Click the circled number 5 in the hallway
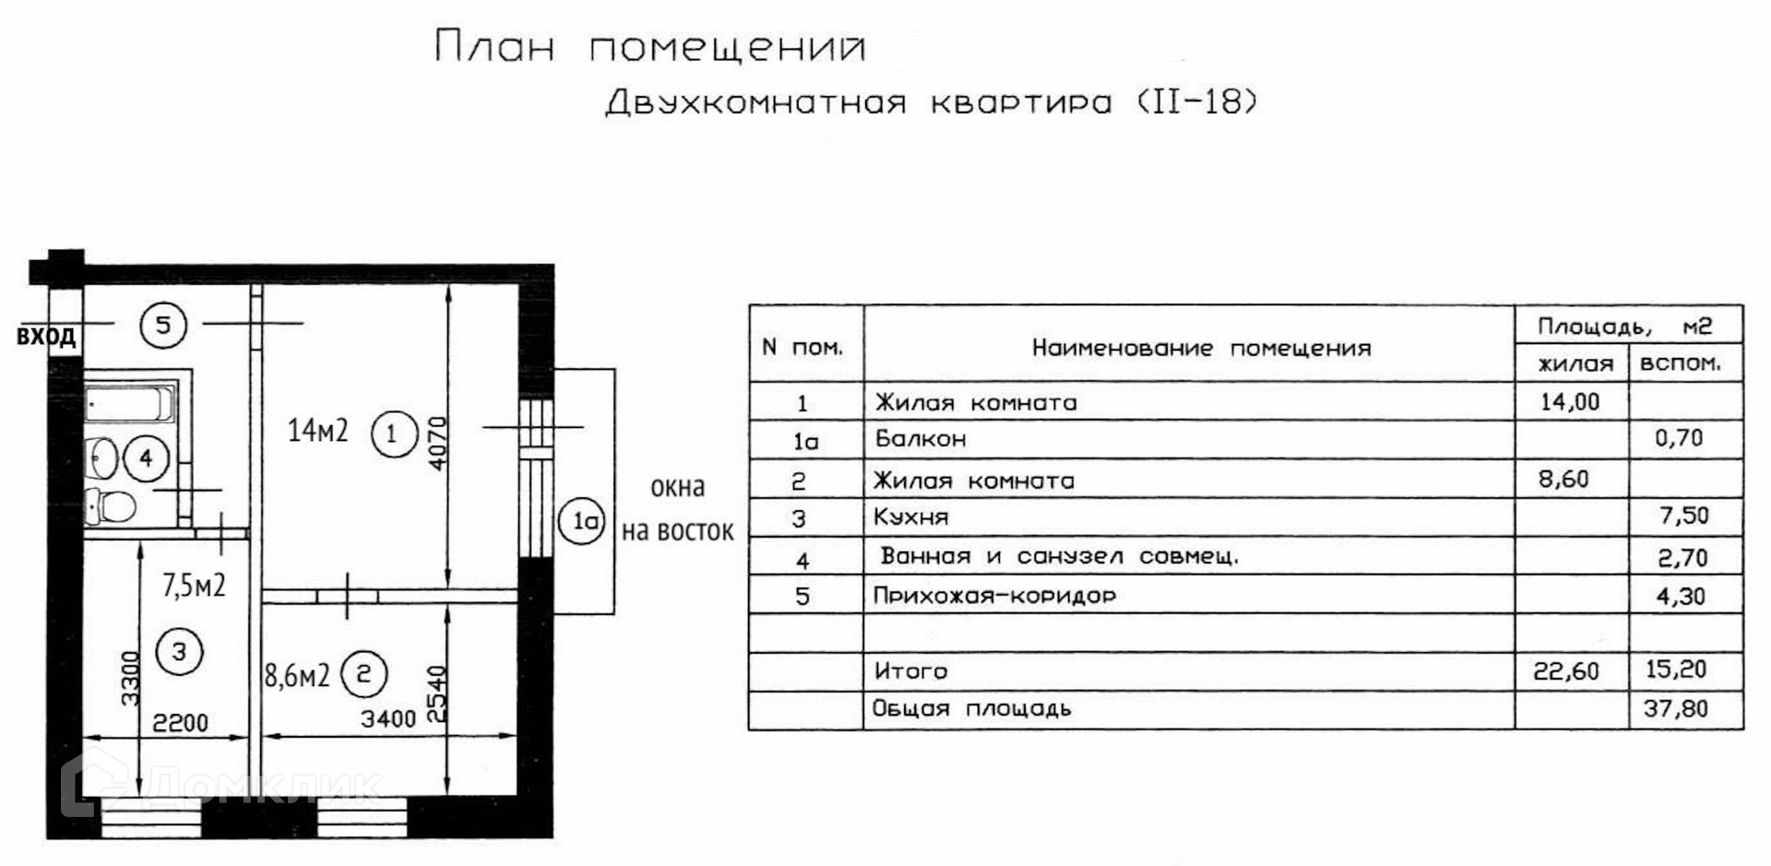(x=163, y=325)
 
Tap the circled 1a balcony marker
(x=582, y=522)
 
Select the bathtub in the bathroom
(x=129, y=404)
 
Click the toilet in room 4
(x=111, y=506)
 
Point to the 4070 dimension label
(x=437, y=443)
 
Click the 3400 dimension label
(x=388, y=718)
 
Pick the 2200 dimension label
(x=180, y=723)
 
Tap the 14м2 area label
(x=317, y=431)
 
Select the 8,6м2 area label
(x=297, y=676)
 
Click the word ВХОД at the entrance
(x=46, y=337)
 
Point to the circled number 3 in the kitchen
(x=179, y=652)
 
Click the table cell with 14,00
(x=1570, y=402)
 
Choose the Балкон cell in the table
(x=921, y=439)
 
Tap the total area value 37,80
(x=1675, y=709)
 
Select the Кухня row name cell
(x=911, y=517)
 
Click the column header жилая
(x=1575, y=364)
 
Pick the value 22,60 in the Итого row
(x=1566, y=671)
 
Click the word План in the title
(x=494, y=47)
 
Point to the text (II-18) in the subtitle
(x=1196, y=101)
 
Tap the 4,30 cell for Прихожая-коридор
(x=1681, y=597)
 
